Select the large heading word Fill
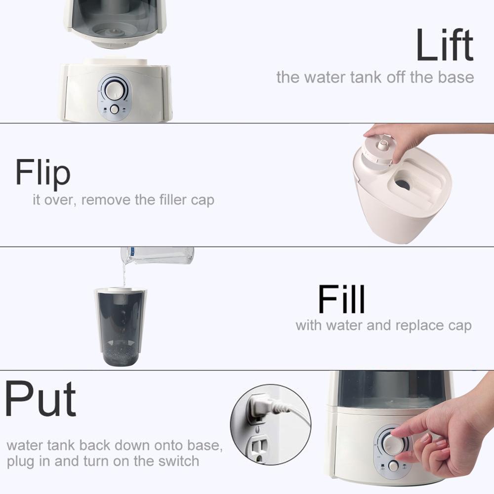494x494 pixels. (x=341, y=299)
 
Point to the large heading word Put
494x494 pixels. (x=41, y=400)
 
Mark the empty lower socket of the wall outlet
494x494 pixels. (x=257, y=450)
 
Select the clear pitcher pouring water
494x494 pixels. (x=158, y=255)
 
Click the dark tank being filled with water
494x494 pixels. (x=120, y=326)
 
